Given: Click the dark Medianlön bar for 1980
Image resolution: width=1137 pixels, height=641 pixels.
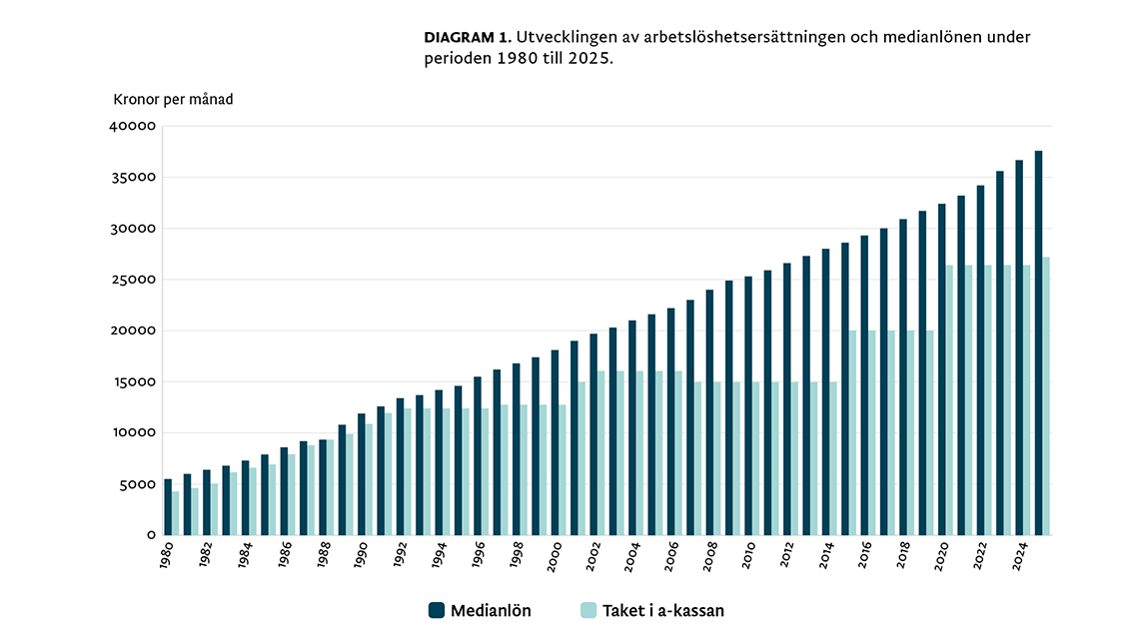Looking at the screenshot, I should pos(168,507).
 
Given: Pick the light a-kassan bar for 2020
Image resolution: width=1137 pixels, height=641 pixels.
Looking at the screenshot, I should pos(949,399).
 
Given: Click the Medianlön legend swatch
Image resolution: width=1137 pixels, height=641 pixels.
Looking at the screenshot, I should pos(436,611).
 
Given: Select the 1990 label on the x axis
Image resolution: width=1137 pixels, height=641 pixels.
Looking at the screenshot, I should pos(362,555).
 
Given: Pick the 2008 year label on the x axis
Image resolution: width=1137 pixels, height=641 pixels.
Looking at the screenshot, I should pos(709,555).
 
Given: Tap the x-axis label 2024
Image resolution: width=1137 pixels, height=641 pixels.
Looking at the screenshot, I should pos(1019,555).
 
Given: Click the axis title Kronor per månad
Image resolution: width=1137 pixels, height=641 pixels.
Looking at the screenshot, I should pos(173,100).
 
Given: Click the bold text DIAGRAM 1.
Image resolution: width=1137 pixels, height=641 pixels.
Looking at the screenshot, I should pos(468,37).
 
